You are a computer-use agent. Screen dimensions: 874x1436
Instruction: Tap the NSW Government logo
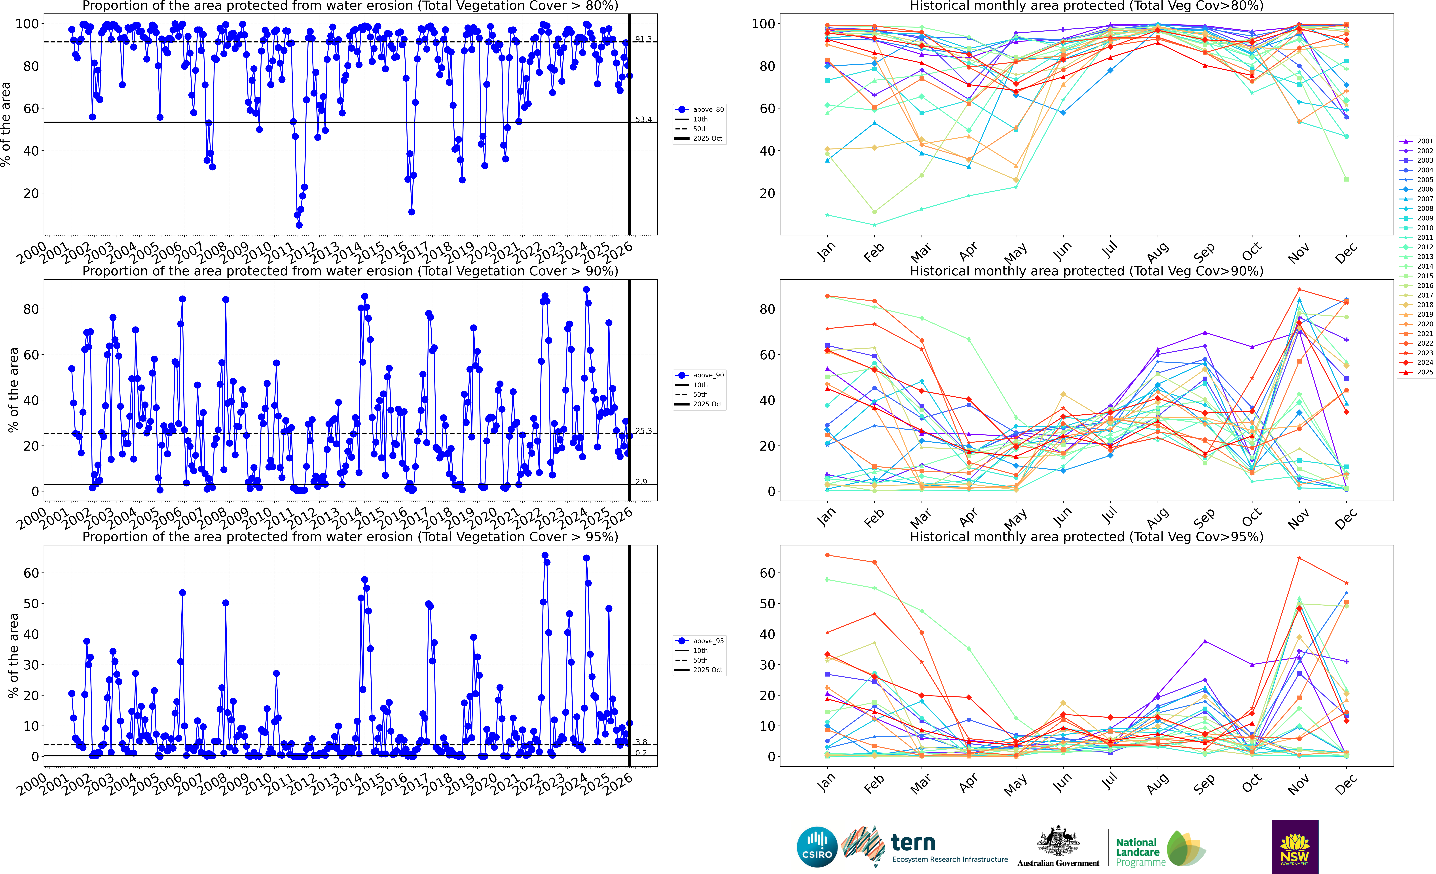click(x=1294, y=847)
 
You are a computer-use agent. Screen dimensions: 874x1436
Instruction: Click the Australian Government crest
click(x=1058, y=842)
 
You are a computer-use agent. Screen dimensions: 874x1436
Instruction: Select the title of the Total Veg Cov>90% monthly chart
click(x=1086, y=271)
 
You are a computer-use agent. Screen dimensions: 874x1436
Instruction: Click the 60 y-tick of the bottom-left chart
click(x=31, y=573)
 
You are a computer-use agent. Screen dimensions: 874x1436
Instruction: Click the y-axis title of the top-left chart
click(x=6, y=124)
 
